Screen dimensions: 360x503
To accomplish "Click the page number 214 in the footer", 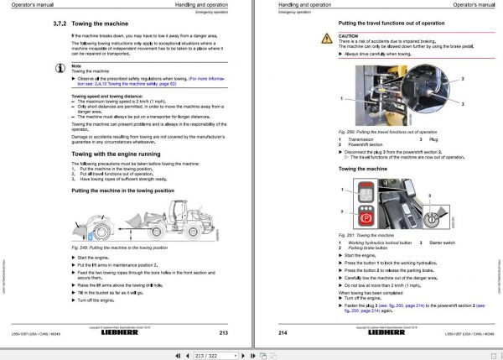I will coord(282,333).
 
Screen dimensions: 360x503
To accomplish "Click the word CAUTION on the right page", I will coord(349,37).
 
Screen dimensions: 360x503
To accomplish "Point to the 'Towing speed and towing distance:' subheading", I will coord(105,97).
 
